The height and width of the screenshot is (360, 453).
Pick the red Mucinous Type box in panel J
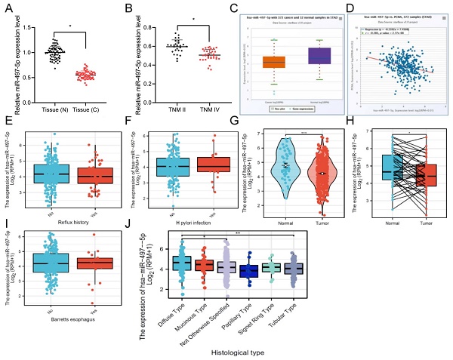click(202, 265)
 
